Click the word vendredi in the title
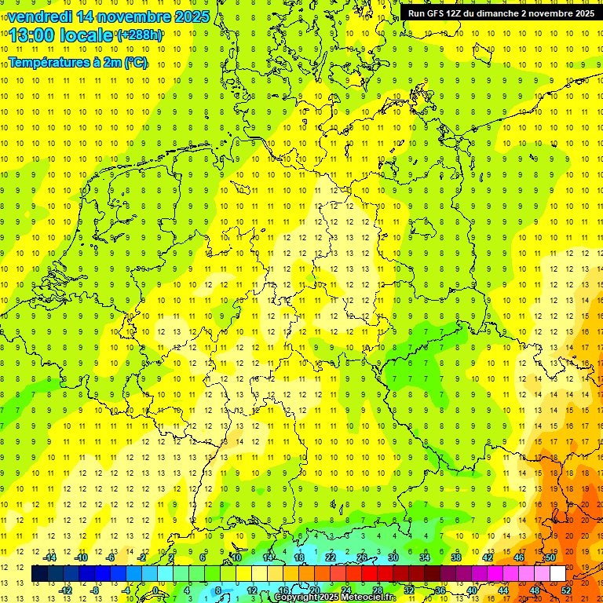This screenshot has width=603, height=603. tap(40, 16)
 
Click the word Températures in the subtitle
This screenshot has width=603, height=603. tap(46, 62)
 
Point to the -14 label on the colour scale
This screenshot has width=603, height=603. tap(50, 557)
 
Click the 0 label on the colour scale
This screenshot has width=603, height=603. tap(155, 590)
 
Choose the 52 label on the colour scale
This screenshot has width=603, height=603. tap(566, 590)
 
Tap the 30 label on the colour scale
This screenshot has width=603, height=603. tap(393, 557)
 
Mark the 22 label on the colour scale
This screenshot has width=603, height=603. tap(331, 557)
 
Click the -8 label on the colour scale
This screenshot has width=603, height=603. tap(95, 590)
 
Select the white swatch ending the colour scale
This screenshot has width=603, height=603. tap(558, 574)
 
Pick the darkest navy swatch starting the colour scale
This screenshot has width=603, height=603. tap(39, 574)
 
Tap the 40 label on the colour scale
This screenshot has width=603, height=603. tap(472, 590)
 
